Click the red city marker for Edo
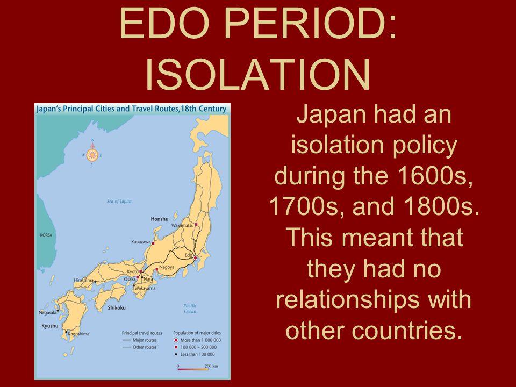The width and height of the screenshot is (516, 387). tap(196, 258)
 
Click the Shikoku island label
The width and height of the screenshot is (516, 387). tap(117, 307)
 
